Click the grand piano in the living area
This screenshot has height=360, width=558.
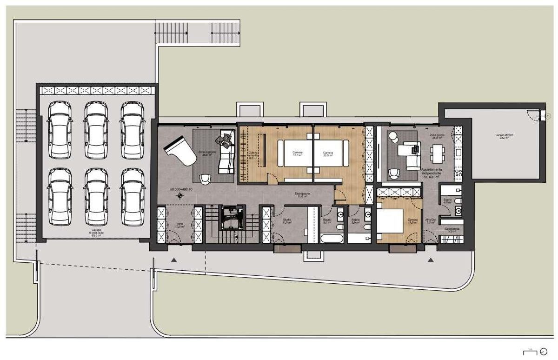[179, 152]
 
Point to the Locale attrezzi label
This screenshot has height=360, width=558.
[505, 136]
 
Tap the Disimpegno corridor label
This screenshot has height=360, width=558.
[303, 194]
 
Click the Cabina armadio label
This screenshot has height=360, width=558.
[252, 155]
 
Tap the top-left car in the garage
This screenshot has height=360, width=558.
[60, 130]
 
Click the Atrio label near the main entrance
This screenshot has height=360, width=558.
[179, 226]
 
